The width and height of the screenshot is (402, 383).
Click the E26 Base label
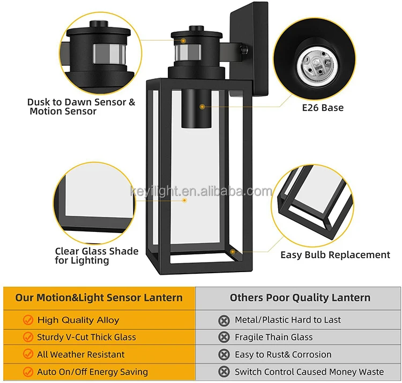pos(322,108)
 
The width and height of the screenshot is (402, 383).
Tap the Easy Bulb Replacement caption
pos(335,255)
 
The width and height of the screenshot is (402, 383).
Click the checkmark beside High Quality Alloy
pos(28,320)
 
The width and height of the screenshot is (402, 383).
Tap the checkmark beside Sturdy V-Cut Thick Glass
pos(28,337)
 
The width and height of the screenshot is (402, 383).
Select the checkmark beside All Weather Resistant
pos(28,355)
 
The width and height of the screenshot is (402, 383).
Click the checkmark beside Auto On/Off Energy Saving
pos(28,372)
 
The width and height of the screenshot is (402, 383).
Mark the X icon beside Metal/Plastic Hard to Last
pos(224,320)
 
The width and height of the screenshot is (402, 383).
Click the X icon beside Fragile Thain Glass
pos(224,337)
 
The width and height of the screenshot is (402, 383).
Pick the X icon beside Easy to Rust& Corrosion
pos(224,355)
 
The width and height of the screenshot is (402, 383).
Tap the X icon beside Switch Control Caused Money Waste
pos(224,372)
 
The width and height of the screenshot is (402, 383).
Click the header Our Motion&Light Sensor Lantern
pos(99,298)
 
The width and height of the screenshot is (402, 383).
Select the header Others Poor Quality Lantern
pos(300,298)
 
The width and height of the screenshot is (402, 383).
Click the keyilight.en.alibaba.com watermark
pos(201,192)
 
